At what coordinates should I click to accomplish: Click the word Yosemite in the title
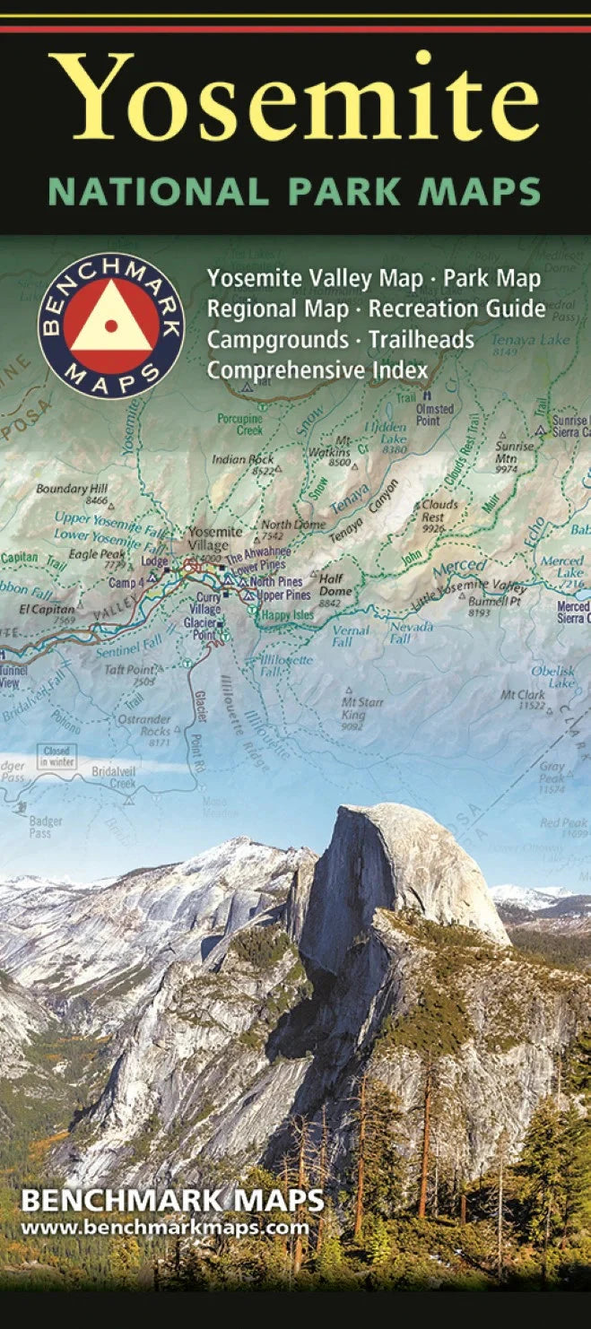tap(294, 97)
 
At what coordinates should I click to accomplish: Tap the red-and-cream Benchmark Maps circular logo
tap(111, 325)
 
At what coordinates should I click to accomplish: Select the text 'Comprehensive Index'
tap(317, 369)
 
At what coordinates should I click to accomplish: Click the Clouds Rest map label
tap(439, 510)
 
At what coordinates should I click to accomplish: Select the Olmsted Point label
tap(434, 414)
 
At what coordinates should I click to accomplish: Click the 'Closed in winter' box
tap(56, 756)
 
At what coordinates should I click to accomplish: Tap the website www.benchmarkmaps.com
tap(164, 1228)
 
